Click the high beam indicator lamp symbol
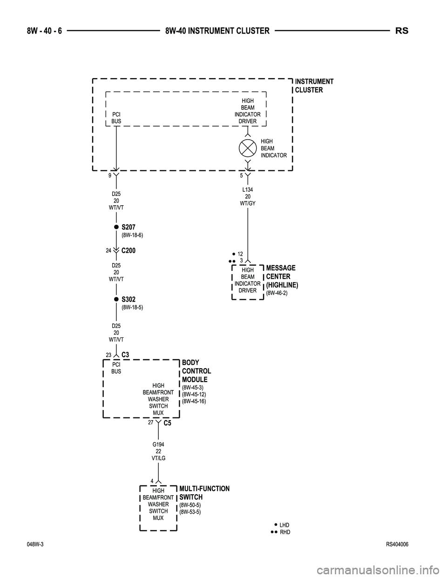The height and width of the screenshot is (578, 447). pyautogui.click(x=248, y=148)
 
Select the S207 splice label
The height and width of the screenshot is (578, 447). pyautogui.click(x=129, y=227)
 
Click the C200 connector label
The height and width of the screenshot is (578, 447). pyautogui.click(x=129, y=250)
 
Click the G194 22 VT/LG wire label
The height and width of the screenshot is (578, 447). pyautogui.click(x=158, y=451)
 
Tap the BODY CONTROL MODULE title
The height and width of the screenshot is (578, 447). pyautogui.click(x=196, y=371)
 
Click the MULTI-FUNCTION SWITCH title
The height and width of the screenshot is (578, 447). pyautogui.click(x=204, y=493)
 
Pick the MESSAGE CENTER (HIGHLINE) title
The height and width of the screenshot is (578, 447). pyautogui.click(x=282, y=276)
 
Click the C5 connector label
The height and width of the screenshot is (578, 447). pyautogui.click(x=168, y=423)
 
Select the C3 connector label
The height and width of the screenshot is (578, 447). pyautogui.click(x=125, y=355)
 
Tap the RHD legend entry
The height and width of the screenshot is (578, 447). pyautogui.click(x=284, y=532)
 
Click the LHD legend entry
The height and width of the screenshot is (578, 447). pyautogui.click(x=284, y=525)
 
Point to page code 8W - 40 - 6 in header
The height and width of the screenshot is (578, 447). pyautogui.click(x=41, y=31)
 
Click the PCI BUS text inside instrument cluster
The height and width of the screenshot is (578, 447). pyautogui.click(x=116, y=117)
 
